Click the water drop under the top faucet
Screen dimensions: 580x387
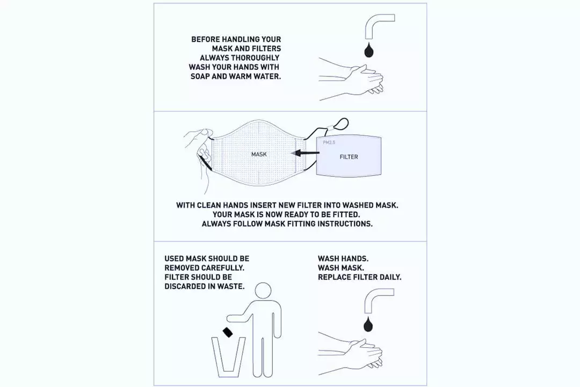click(x=369, y=51)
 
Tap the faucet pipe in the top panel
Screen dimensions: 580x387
click(x=378, y=21)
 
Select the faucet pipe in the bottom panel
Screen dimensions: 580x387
click(x=377, y=295)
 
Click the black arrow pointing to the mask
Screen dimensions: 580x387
click(x=305, y=153)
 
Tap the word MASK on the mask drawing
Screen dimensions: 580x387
click(x=259, y=154)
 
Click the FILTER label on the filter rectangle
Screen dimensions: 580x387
click(x=349, y=157)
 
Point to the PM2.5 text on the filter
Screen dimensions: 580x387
click(x=329, y=142)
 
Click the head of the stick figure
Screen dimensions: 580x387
click(x=263, y=291)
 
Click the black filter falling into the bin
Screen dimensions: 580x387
click(x=228, y=333)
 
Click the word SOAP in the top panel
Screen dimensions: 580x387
click(x=200, y=76)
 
